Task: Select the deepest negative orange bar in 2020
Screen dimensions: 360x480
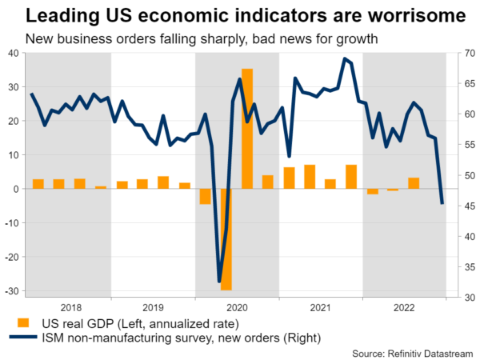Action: pyautogui.click(x=226, y=239)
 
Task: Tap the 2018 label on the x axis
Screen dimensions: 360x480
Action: pyautogui.click(x=70, y=307)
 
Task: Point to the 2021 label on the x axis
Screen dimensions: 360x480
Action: pyautogui.click(x=320, y=307)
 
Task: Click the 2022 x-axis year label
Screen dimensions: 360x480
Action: pyautogui.click(x=404, y=307)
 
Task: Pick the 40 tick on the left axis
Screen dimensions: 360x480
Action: pyautogui.click(x=14, y=53)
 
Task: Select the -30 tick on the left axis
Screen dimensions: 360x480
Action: pyautogui.click(x=12, y=291)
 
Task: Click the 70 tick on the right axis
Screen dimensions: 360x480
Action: pyautogui.click(x=462, y=53)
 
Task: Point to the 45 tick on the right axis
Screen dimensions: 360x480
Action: pyautogui.click(x=462, y=206)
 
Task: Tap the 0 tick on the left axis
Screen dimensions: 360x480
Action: pyautogui.click(x=17, y=190)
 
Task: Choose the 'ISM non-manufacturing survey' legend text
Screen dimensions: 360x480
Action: pyautogui.click(x=121, y=338)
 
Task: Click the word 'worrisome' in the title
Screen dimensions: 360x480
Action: pyautogui.click(x=381, y=15)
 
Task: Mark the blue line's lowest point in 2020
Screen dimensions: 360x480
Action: pyautogui.click(x=220, y=281)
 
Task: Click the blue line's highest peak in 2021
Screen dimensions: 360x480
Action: pyautogui.click(x=344, y=58)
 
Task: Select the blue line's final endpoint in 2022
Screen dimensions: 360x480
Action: pyautogui.click(x=442, y=203)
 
